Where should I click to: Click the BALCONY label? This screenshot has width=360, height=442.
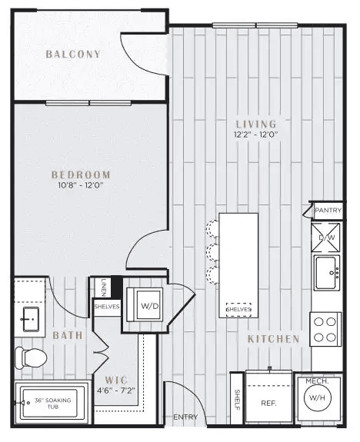click(x=73, y=54)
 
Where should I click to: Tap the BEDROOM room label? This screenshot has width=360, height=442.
click(x=81, y=174)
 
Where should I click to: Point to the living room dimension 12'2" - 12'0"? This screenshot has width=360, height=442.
click(x=256, y=135)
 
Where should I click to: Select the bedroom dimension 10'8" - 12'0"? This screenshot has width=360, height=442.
click(x=80, y=185)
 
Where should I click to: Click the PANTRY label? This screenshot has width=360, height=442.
click(x=328, y=211)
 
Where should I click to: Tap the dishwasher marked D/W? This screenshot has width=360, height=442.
click(x=326, y=238)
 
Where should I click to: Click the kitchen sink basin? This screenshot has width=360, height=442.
click(x=327, y=273)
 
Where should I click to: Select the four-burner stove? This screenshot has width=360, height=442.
click(x=325, y=329)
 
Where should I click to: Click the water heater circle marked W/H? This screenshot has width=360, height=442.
click(x=317, y=397)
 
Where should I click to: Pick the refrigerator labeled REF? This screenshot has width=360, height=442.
click(x=268, y=397)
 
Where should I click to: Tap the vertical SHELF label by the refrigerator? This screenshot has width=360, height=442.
click(x=237, y=400)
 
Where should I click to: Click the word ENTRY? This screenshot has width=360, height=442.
click(x=185, y=417)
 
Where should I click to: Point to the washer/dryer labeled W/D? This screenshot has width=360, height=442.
click(x=145, y=304)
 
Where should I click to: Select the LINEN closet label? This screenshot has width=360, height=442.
click(x=104, y=287)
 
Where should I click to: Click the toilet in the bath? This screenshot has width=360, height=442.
click(x=31, y=358)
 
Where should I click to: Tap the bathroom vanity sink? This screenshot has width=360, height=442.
click(x=31, y=319)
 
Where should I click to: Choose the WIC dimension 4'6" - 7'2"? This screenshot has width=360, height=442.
click(x=116, y=390)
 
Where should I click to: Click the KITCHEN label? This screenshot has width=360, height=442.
click(x=273, y=339)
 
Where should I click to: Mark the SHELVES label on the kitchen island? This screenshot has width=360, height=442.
click(x=238, y=309)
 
